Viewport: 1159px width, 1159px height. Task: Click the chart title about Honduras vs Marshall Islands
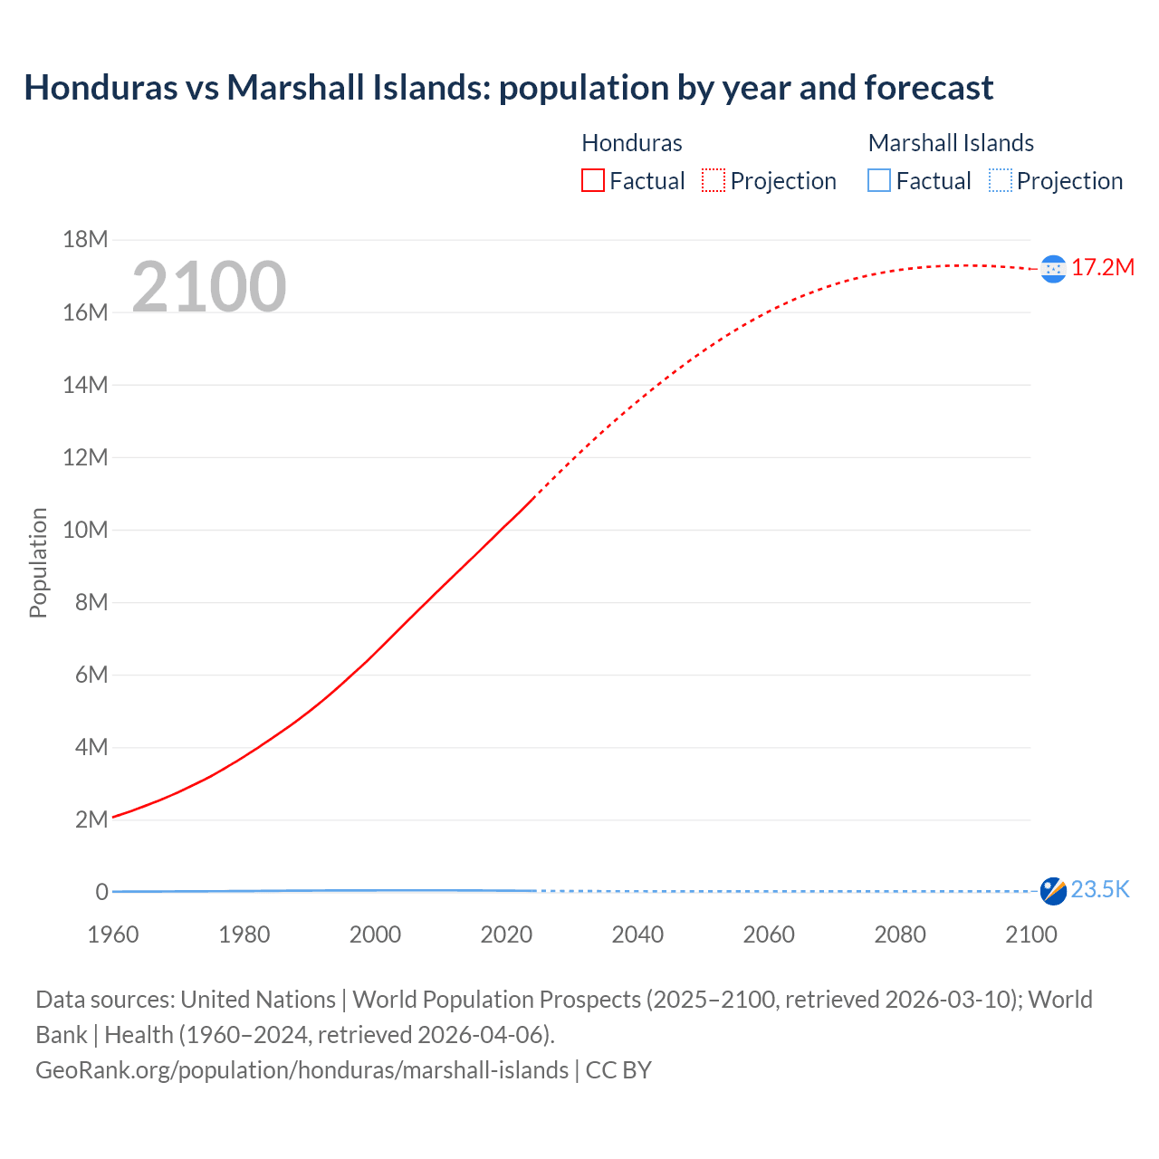(x=508, y=88)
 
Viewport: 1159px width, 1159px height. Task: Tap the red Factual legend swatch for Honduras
(x=593, y=181)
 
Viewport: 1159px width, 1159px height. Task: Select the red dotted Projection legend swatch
(x=714, y=181)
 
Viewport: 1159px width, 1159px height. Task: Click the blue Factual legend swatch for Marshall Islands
(x=879, y=181)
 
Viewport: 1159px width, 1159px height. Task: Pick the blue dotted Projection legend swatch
(x=1000, y=181)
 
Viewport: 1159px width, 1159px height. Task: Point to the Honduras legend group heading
(x=631, y=143)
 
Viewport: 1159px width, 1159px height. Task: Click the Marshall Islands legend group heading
(x=951, y=143)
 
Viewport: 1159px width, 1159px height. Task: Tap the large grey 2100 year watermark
(x=209, y=287)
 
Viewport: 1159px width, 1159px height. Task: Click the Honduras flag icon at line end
(x=1053, y=269)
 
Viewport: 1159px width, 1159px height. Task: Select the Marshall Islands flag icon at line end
(x=1053, y=891)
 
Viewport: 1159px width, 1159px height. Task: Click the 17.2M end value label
(x=1102, y=267)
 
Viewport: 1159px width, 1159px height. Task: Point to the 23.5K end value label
(x=1100, y=890)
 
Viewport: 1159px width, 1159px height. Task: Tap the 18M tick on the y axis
(x=85, y=240)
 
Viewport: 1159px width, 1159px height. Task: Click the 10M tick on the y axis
(x=85, y=530)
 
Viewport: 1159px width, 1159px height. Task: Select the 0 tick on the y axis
(x=101, y=892)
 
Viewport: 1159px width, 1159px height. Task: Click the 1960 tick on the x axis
(x=113, y=934)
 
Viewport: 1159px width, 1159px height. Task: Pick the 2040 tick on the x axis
(x=637, y=934)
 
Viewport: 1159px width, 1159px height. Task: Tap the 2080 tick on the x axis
(x=900, y=934)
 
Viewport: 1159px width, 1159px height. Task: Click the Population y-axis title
(x=38, y=562)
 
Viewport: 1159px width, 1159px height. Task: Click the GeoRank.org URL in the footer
(x=302, y=1070)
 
